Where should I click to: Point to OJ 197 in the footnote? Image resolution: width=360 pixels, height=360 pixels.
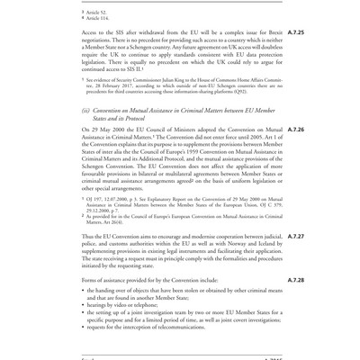tap(95, 206)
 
